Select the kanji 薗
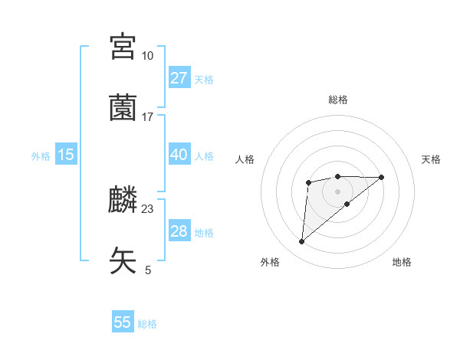click(123, 107)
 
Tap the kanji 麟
click(123, 200)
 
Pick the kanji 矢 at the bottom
click(123, 260)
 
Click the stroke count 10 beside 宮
click(147, 56)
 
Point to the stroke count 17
click(147, 117)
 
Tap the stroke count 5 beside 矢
click(147, 270)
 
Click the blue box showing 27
click(179, 78)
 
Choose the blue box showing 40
click(179, 155)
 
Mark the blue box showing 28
click(179, 231)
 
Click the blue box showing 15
click(66, 155)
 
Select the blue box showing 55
click(123, 322)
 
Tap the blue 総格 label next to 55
click(147, 324)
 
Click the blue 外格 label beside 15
click(41, 156)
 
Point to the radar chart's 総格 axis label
click(338, 100)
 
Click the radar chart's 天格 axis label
click(432, 159)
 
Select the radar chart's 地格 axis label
click(402, 262)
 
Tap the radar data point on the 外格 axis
click(302, 242)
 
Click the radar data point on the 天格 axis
click(382, 178)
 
